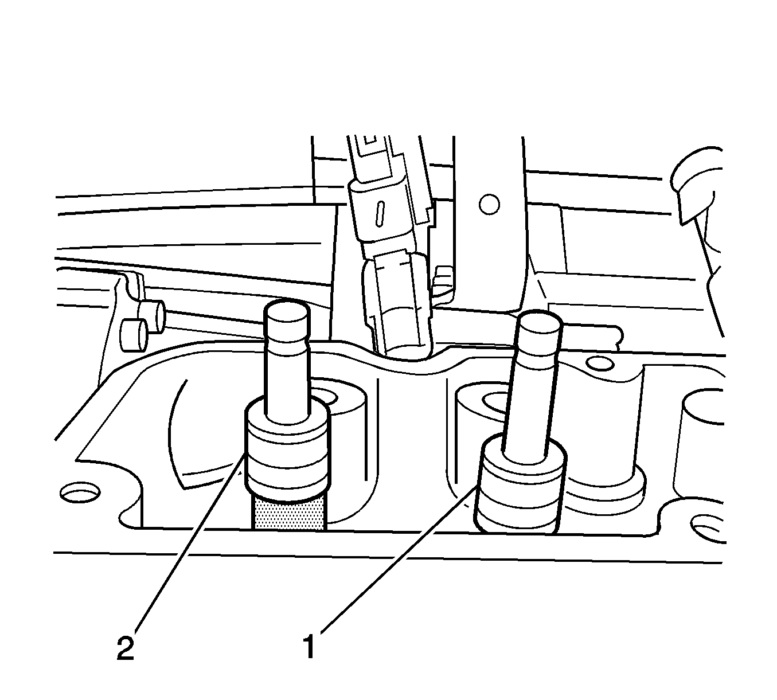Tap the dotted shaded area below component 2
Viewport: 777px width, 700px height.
(x=289, y=513)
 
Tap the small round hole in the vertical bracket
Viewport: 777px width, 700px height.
(x=489, y=204)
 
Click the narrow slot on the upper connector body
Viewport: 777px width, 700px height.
(x=380, y=213)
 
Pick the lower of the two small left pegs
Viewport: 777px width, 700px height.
(x=135, y=335)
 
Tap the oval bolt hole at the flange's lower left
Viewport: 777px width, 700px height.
(x=80, y=492)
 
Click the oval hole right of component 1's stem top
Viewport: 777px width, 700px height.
(x=600, y=364)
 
